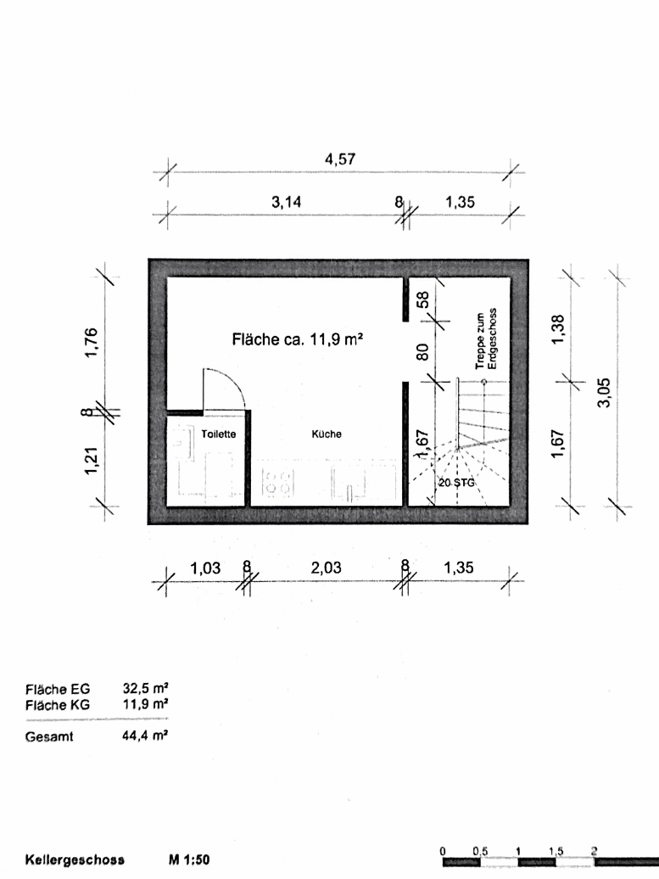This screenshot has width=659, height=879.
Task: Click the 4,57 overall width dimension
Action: (x=339, y=159)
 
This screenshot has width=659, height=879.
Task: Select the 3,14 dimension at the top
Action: (x=286, y=202)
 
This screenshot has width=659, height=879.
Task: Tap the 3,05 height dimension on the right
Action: (x=604, y=392)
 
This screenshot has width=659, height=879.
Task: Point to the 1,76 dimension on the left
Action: (x=92, y=342)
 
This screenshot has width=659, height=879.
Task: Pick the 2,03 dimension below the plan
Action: (x=326, y=568)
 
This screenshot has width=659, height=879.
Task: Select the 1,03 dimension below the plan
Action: (x=204, y=568)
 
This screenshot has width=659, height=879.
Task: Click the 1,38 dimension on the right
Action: (x=557, y=329)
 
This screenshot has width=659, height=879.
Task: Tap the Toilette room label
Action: (x=218, y=434)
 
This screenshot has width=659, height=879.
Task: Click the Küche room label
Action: (x=327, y=434)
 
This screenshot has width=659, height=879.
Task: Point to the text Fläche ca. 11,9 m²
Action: (x=298, y=339)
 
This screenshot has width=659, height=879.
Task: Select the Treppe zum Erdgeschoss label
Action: (x=485, y=339)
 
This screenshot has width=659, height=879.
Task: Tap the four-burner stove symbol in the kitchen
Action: (x=279, y=483)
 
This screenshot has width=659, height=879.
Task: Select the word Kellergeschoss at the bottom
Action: (x=75, y=859)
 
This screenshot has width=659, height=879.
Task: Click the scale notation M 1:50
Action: (x=190, y=859)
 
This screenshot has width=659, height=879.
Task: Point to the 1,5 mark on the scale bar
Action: (x=556, y=850)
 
